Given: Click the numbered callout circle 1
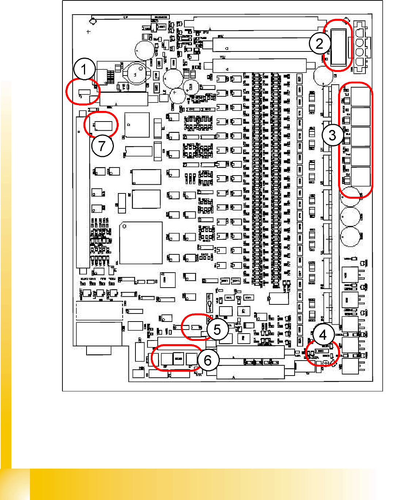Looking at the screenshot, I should tap(84, 69).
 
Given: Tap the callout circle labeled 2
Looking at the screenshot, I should tap(319, 44).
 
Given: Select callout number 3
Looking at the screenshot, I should tap(332, 135).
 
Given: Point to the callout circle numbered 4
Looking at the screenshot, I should tap(323, 335).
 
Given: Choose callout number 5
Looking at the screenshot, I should tap(217, 330).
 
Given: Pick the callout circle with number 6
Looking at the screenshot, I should tap(208, 361).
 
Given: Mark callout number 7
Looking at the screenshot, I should tap(102, 146).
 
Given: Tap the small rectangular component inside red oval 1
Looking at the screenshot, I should tap(84, 92).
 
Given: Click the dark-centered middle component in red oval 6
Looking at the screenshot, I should tap(178, 359).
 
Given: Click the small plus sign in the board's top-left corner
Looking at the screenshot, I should tap(88, 32).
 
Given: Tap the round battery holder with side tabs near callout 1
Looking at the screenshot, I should tap(136, 74).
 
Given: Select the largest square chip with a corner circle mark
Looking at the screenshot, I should tap(141, 243).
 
